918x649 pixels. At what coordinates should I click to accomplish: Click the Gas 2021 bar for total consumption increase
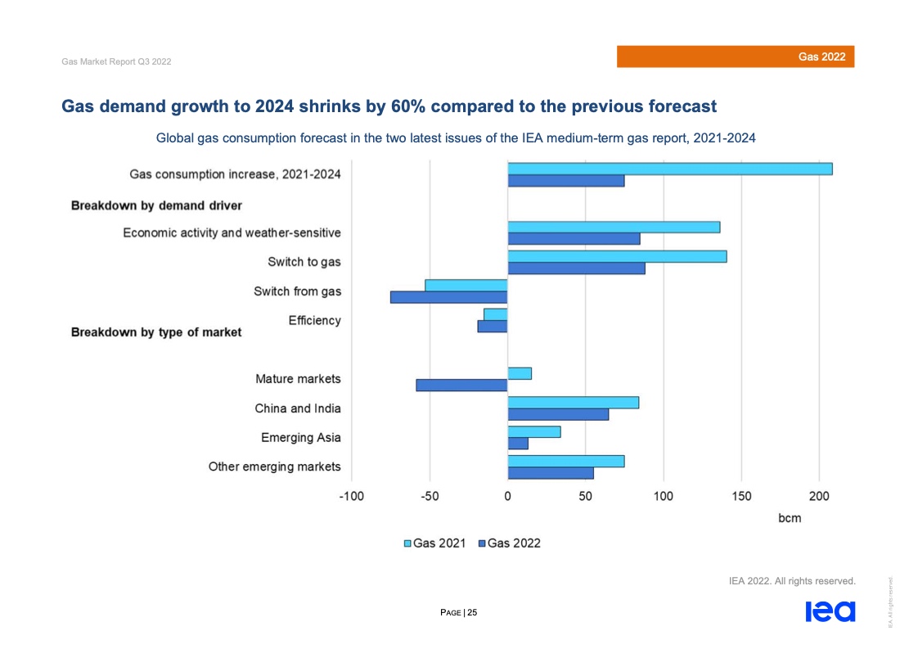pos(669,169)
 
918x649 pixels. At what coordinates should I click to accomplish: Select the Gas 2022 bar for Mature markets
pos(461,385)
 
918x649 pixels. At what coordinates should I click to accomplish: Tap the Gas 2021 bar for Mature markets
pos(520,373)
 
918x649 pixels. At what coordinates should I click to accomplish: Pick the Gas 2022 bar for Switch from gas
pos(448,297)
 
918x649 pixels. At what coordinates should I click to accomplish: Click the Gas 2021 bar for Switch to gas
pos(617,256)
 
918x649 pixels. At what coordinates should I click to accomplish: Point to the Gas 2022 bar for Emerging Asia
pos(518,444)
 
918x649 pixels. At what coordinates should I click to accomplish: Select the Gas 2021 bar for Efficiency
pos(496,314)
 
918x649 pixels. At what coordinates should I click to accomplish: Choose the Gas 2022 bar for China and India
pos(558,414)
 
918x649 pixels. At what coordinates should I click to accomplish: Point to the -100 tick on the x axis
pos(351,496)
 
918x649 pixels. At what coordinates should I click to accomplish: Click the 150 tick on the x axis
pos(741,496)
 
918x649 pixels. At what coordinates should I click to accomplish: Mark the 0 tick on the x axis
pos(507,496)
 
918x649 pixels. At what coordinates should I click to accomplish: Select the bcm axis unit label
pos(789,518)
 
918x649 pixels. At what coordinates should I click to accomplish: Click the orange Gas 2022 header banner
pos(735,56)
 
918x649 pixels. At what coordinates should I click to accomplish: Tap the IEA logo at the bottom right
pos(830,611)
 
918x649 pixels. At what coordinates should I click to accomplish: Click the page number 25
pos(472,611)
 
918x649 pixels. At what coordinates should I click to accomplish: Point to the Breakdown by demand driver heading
pos(156,205)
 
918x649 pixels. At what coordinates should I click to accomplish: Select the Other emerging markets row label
pos(274,466)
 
